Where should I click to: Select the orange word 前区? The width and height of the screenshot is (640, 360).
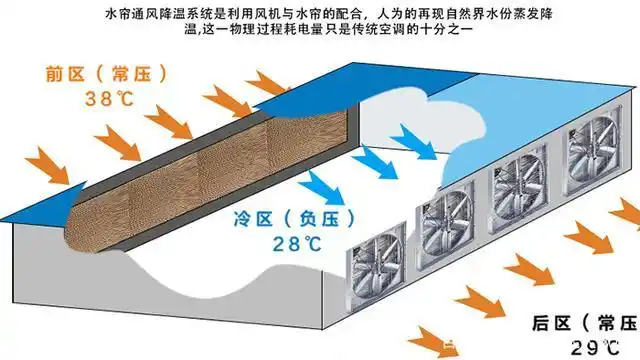point(62,74)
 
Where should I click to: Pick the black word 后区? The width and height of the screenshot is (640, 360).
point(550,323)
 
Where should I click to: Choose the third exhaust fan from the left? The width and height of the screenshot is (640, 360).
point(515,188)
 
